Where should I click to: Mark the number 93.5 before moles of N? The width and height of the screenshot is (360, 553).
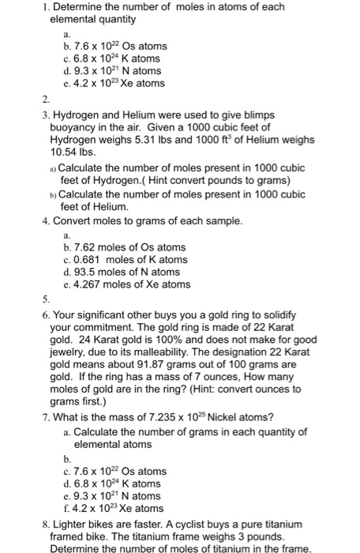[x=87, y=272]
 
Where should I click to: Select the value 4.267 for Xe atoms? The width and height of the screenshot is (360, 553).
[x=91, y=284]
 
